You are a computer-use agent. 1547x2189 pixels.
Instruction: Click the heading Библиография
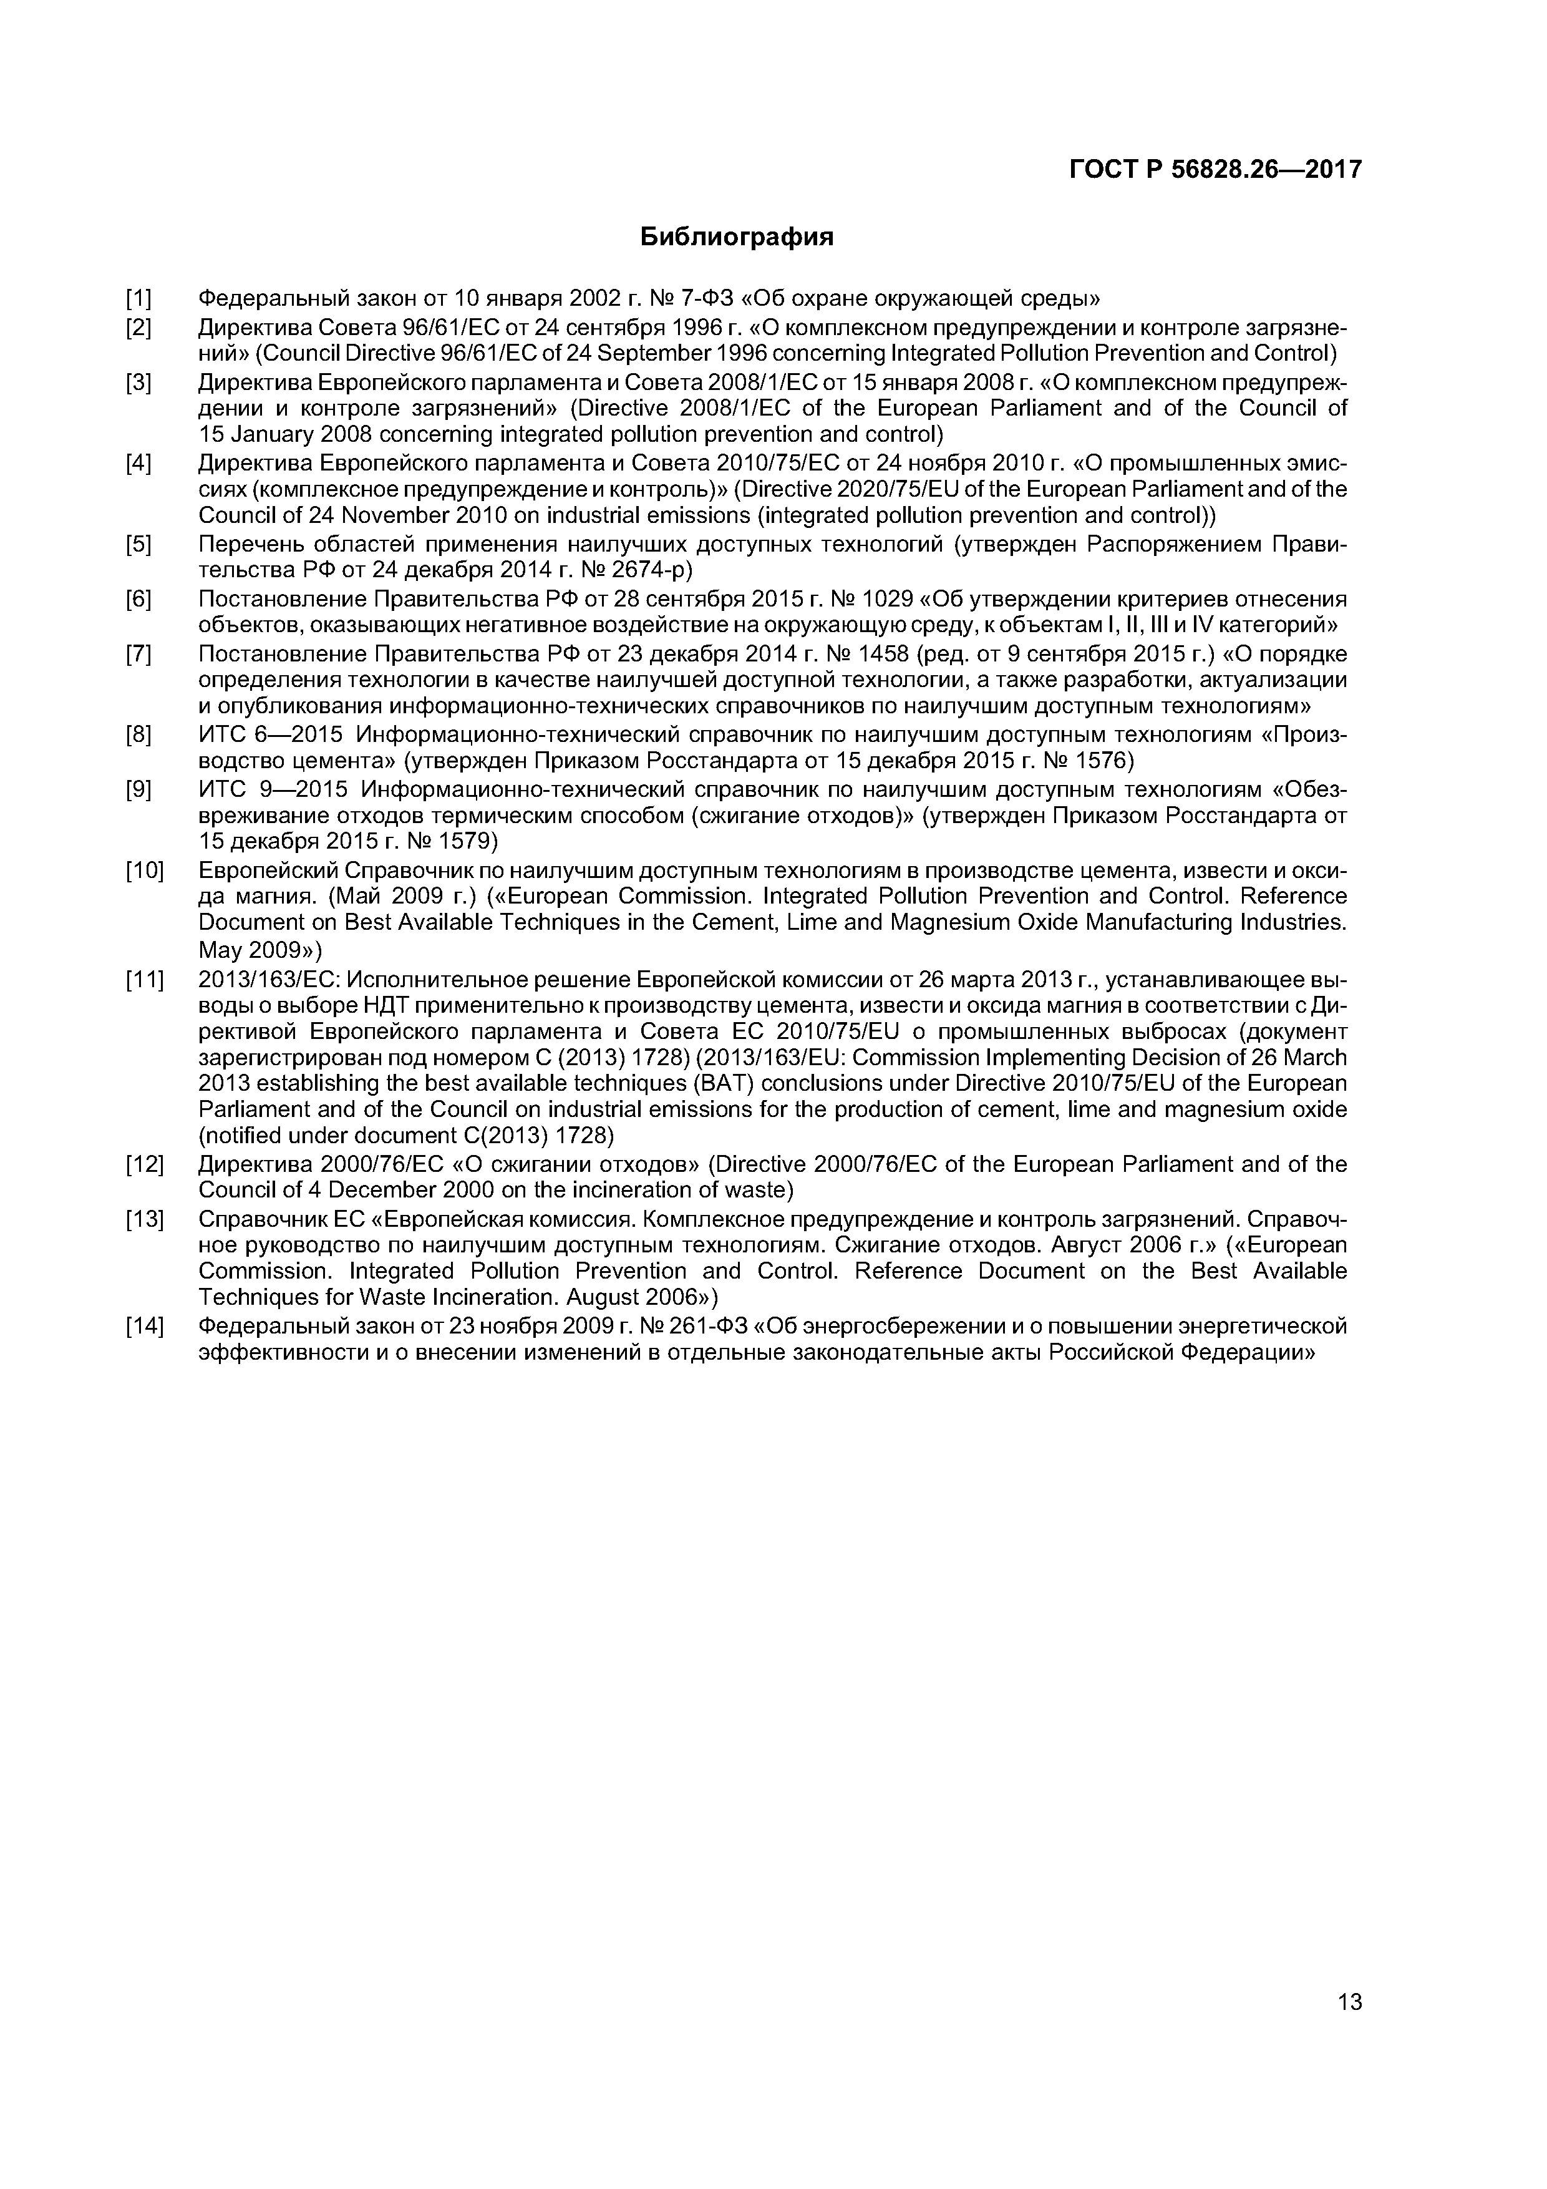click(736, 236)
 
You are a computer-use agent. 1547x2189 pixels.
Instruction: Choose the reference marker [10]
click(145, 870)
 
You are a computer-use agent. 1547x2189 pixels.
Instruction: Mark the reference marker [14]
click(145, 1326)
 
